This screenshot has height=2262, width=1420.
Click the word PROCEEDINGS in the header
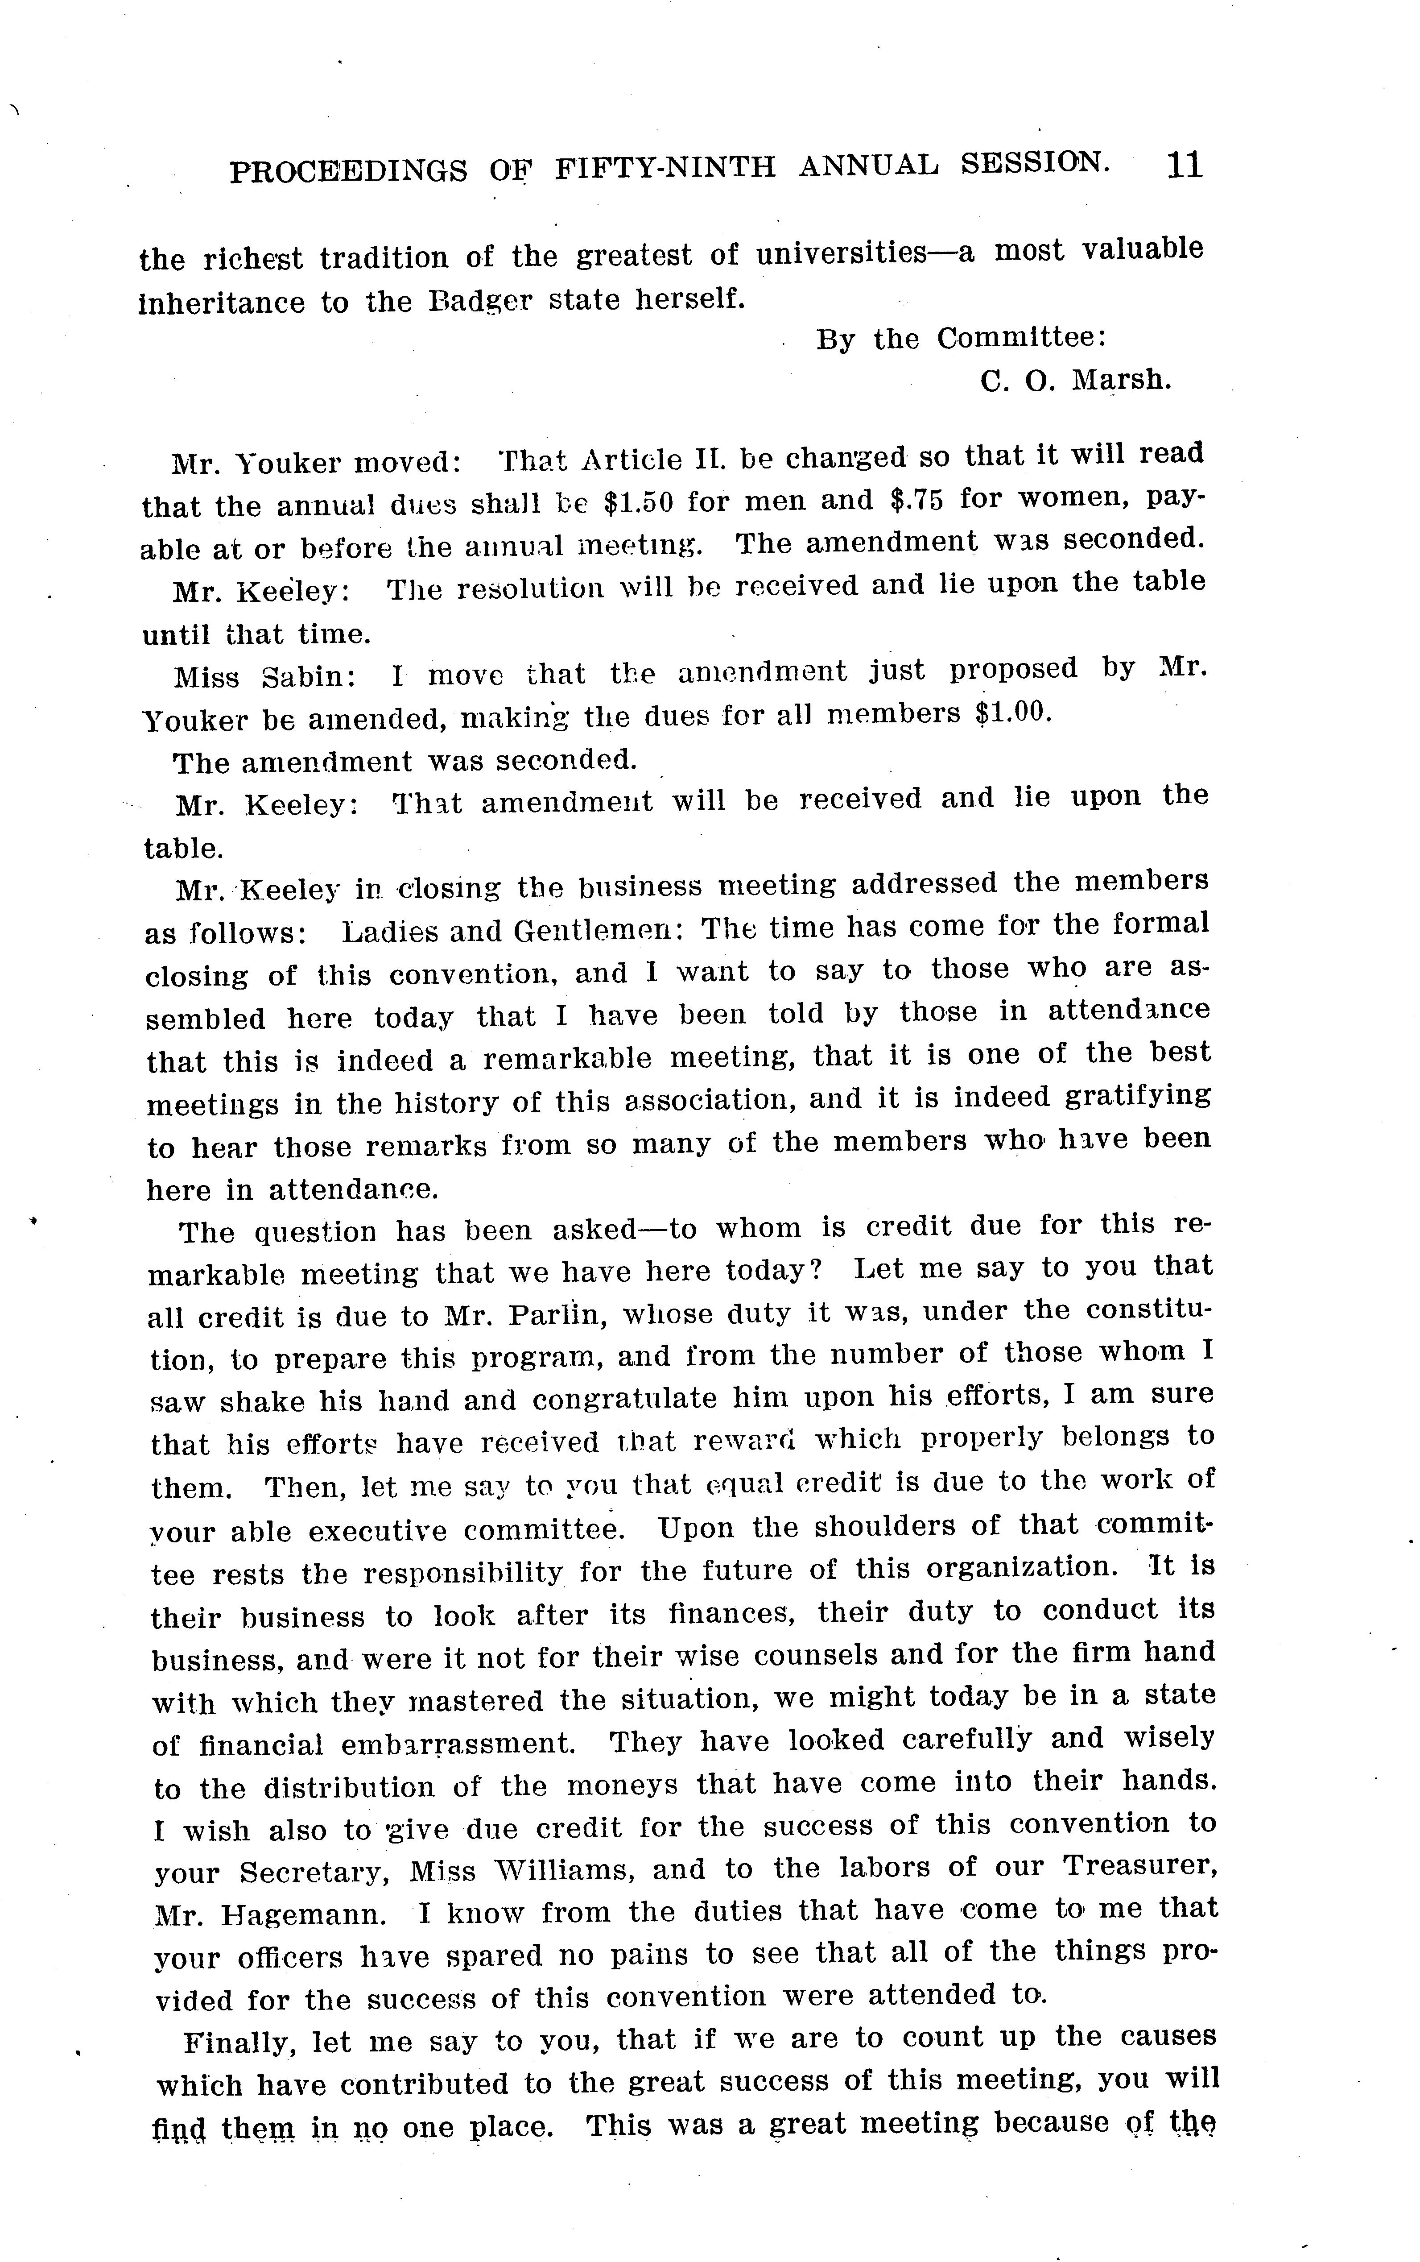[347, 170]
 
